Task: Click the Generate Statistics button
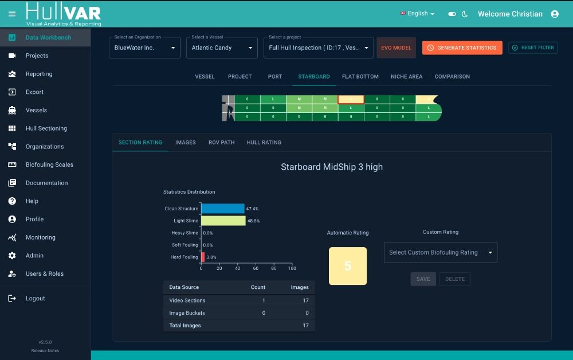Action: point(462,48)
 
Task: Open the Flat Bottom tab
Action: point(360,77)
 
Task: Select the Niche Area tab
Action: point(406,77)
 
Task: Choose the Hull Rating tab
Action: point(264,143)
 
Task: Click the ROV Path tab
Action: point(221,143)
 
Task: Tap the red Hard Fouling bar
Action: point(203,257)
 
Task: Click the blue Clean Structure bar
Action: point(223,208)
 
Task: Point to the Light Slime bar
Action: point(223,221)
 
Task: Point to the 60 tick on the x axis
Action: point(256,268)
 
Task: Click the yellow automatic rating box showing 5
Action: point(348,266)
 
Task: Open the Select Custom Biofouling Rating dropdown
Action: point(440,253)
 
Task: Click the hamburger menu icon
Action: point(12,14)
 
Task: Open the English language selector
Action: point(417,14)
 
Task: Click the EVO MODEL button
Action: point(396,48)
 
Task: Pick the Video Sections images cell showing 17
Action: point(305,300)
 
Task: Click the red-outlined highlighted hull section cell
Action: point(351,99)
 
